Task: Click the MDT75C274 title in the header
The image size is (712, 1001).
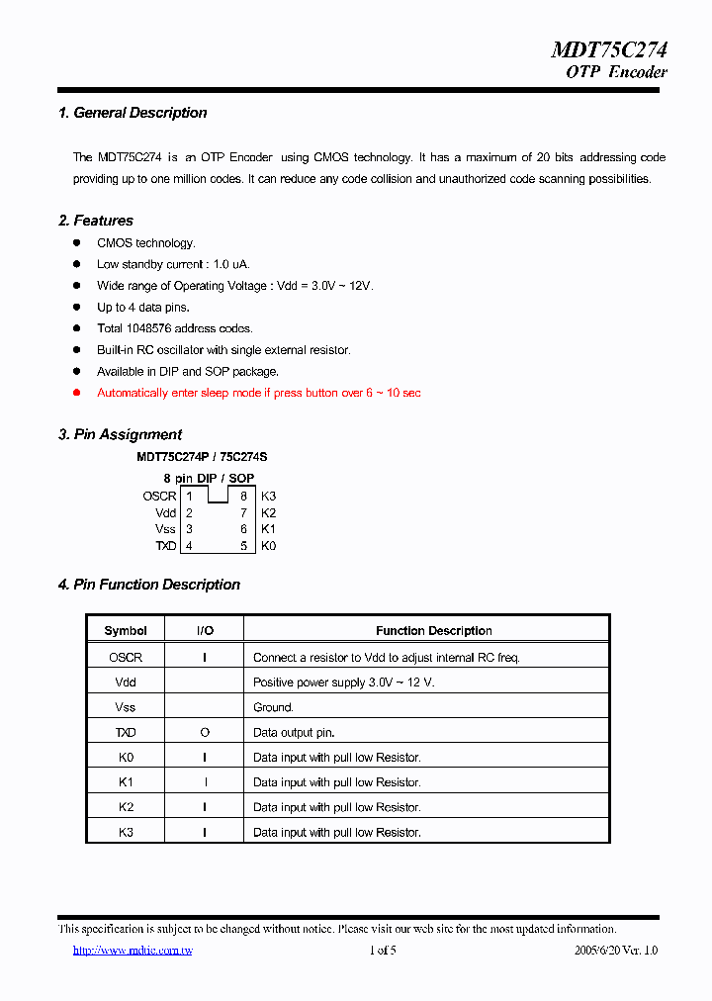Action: (x=608, y=50)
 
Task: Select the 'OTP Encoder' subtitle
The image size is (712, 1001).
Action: (x=616, y=72)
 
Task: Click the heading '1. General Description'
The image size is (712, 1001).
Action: (x=133, y=113)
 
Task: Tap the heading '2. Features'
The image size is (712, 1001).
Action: (x=96, y=221)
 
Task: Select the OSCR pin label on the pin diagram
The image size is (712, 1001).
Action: (x=159, y=497)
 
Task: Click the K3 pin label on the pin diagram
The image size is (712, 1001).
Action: (x=268, y=497)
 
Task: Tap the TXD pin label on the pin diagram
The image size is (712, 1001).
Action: (x=165, y=546)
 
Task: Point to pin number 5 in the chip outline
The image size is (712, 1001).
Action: (x=243, y=546)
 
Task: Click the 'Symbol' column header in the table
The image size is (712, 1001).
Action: (x=126, y=631)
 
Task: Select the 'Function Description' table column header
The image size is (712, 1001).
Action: (x=433, y=631)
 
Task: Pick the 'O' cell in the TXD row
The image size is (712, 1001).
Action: (x=205, y=733)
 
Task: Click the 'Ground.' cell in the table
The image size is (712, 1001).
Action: (x=273, y=707)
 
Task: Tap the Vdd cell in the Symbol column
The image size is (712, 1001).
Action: (x=126, y=682)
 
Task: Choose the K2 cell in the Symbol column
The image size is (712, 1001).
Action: (x=126, y=807)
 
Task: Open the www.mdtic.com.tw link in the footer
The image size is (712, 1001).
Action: (x=133, y=951)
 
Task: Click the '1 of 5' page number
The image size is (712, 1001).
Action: (x=382, y=951)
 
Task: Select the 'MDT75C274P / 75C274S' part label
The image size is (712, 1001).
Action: (x=202, y=457)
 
